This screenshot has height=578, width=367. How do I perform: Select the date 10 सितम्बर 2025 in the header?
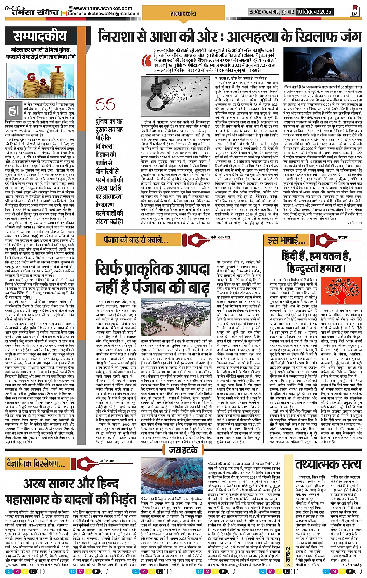coord(314,12)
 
